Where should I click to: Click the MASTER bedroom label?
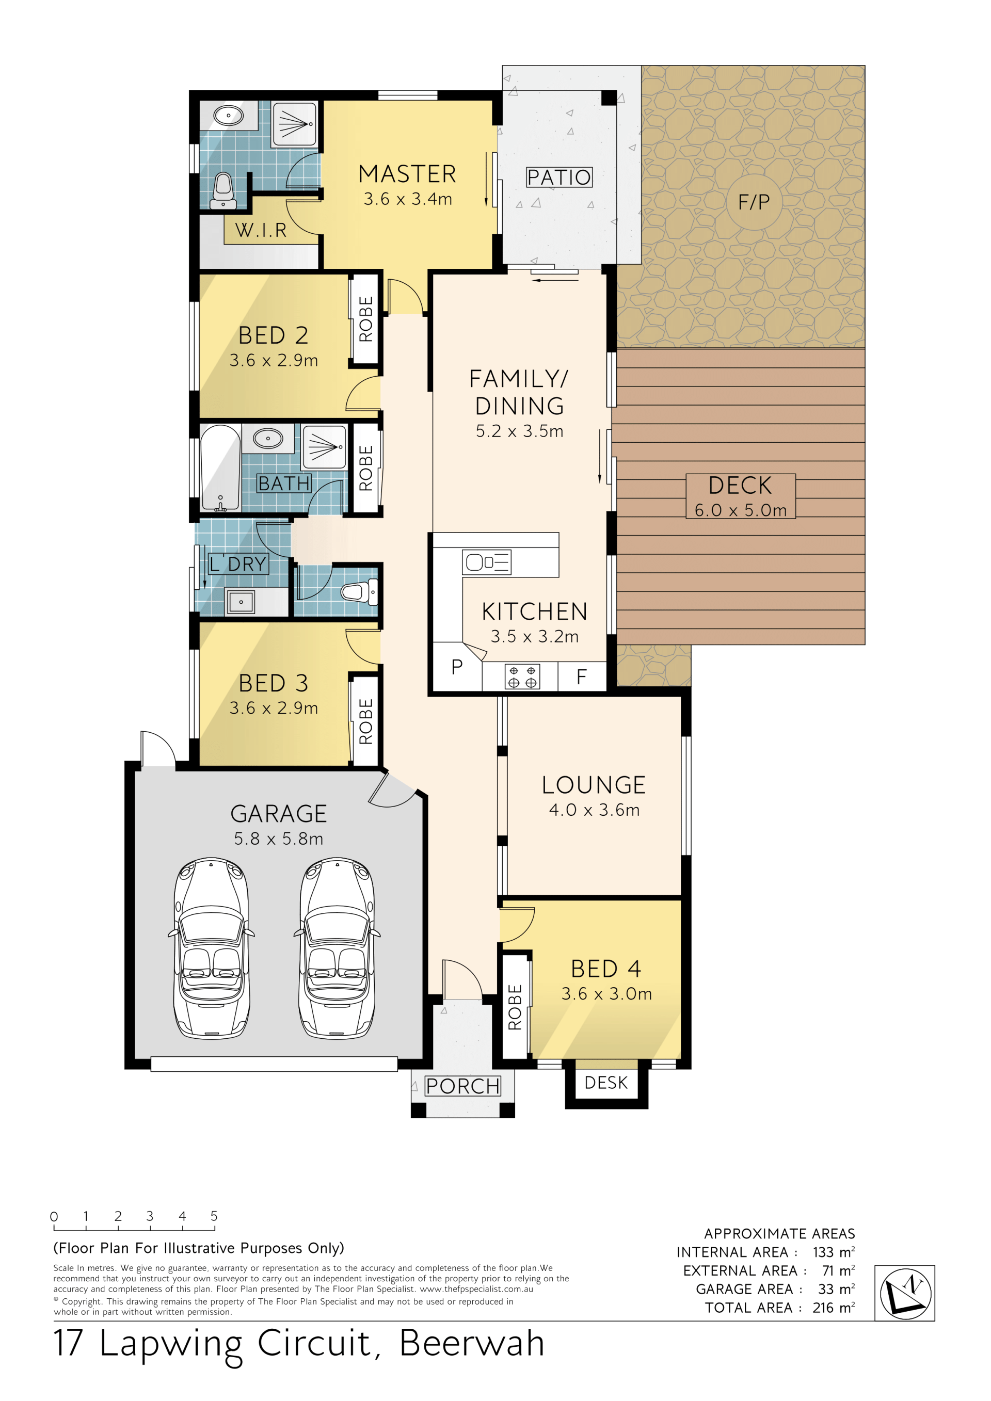tap(407, 174)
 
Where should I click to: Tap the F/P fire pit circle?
tap(754, 202)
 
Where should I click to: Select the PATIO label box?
tap(559, 178)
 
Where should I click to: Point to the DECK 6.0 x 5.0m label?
tap(740, 496)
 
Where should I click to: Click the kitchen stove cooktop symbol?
tap(522, 677)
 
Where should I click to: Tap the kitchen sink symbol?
tap(486, 562)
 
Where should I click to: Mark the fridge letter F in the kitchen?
tap(582, 676)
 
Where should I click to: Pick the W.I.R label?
tap(261, 230)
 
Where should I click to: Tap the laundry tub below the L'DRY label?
tap(241, 602)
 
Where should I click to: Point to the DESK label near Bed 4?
tap(606, 1083)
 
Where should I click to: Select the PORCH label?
tap(462, 1086)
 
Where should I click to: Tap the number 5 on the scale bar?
tap(214, 1216)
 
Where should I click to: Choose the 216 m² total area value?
tap(834, 1308)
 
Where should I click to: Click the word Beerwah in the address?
tap(472, 1343)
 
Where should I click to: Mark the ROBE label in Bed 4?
tap(515, 1007)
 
